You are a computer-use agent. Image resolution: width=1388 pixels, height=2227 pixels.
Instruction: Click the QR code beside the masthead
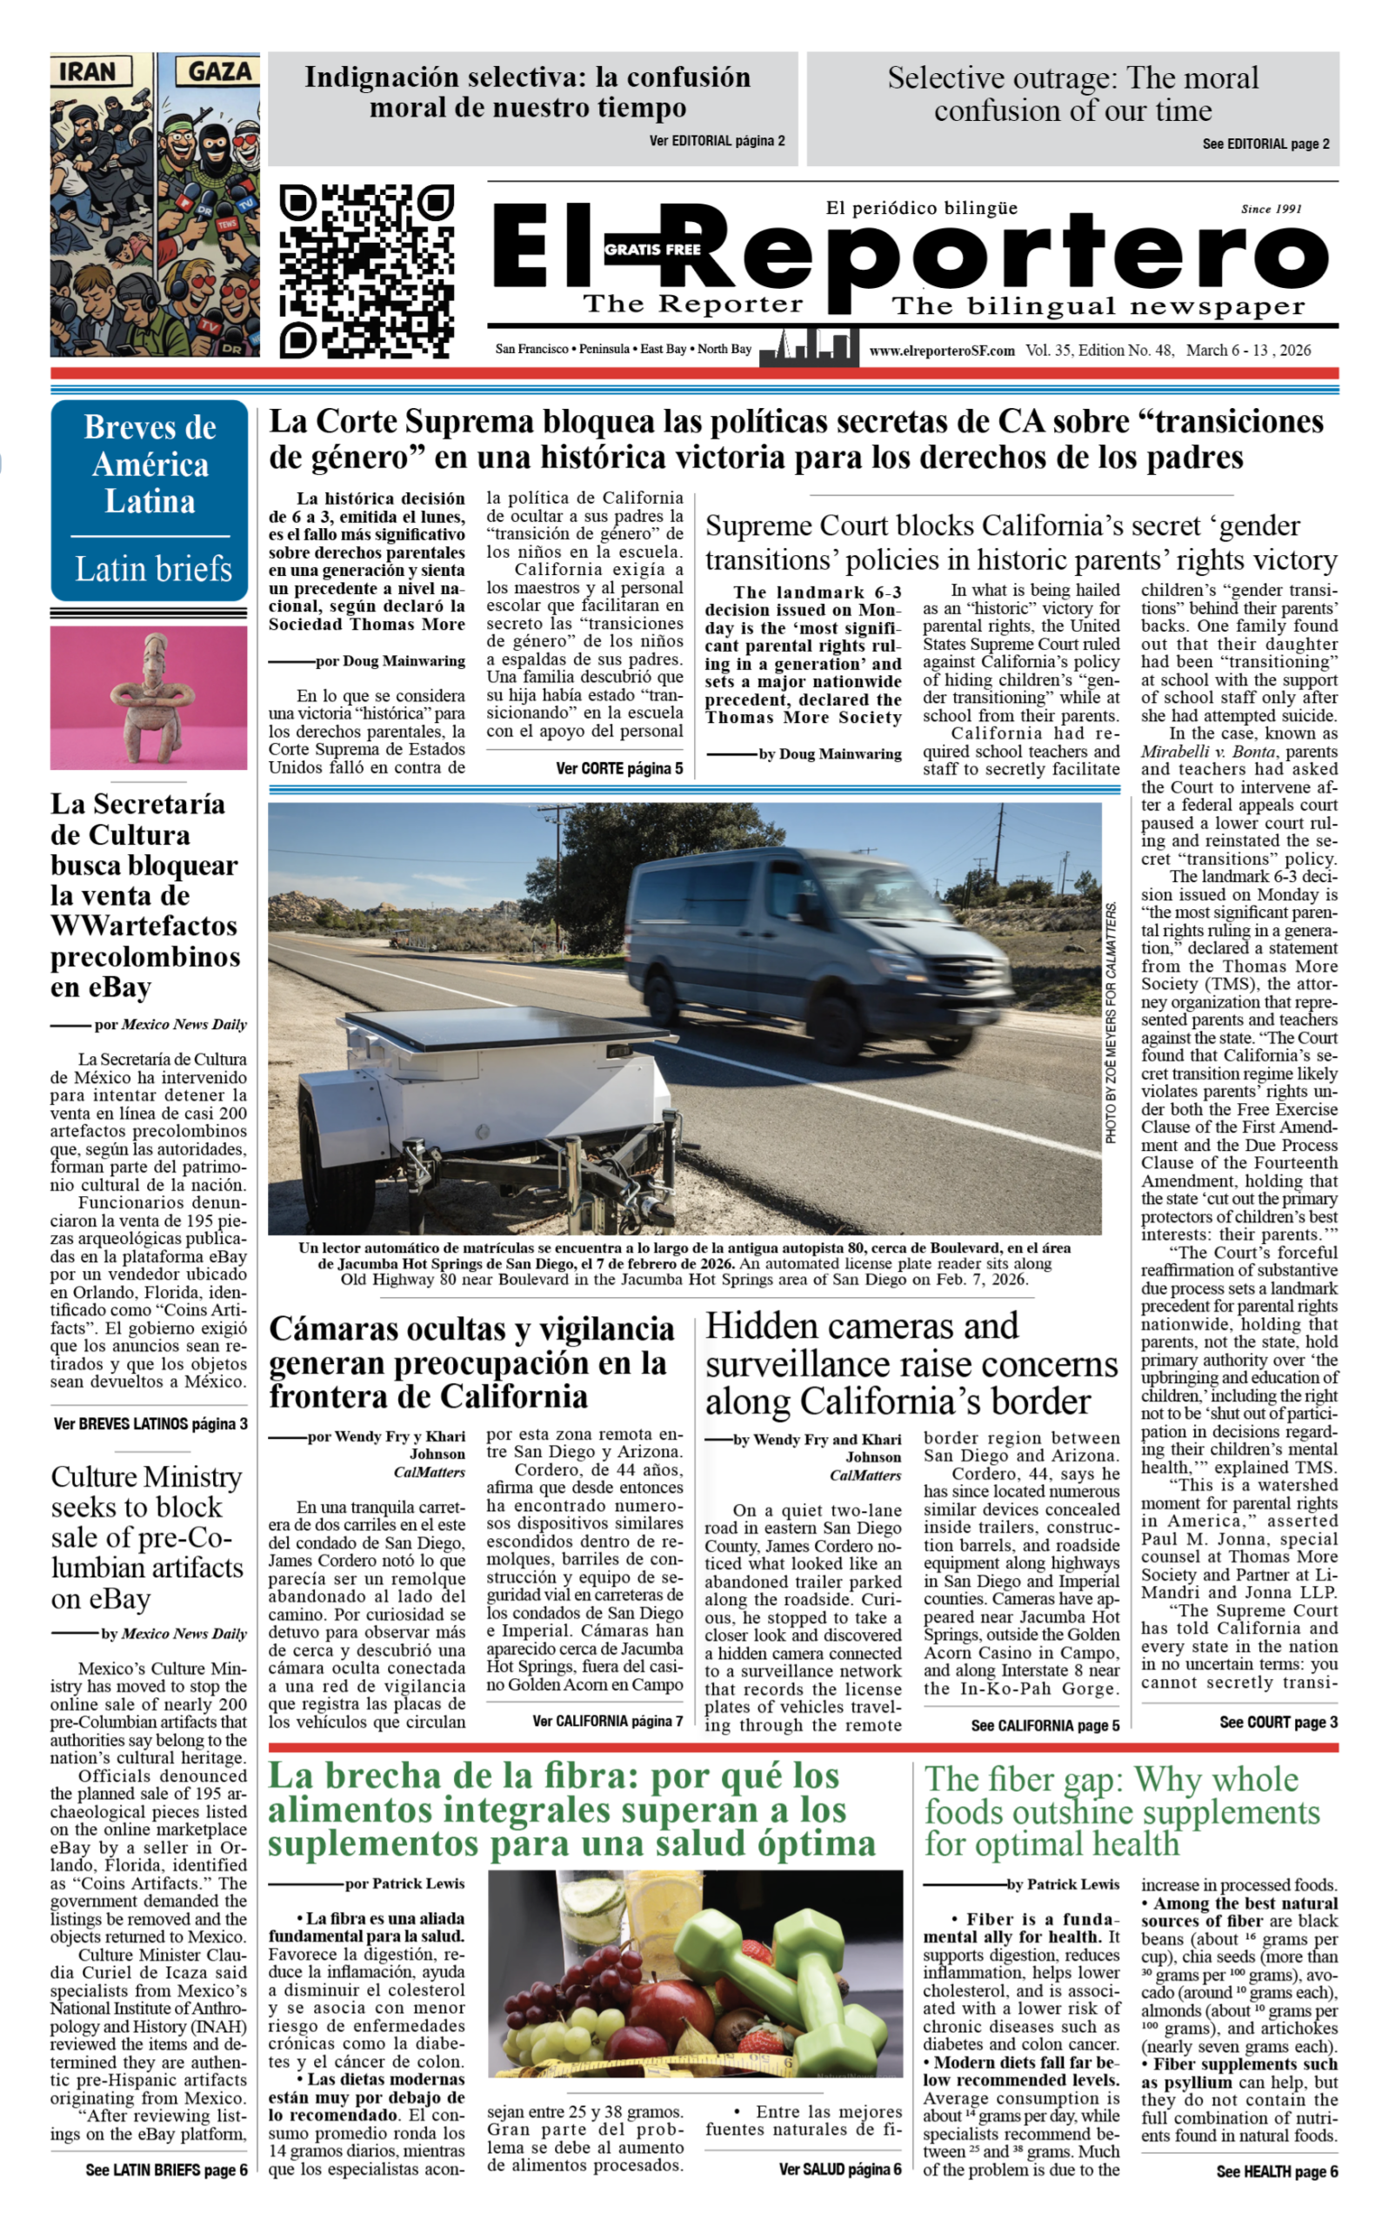pyautogui.click(x=365, y=271)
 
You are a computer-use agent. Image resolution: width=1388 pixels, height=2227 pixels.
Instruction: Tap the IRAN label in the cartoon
pyautogui.click(x=89, y=71)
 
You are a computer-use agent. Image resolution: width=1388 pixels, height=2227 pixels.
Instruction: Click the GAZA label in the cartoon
pyautogui.click(x=218, y=71)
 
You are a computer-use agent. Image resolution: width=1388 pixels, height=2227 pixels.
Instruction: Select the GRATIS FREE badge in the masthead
pyautogui.click(x=651, y=249)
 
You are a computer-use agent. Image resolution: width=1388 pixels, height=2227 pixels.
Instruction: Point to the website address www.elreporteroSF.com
pyautogui.click(x=942, y=350)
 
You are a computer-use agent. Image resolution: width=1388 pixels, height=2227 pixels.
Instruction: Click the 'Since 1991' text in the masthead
pyautogui.click(x=1271, y=210)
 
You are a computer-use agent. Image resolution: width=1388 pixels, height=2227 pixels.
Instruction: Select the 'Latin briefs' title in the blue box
pyautogui.click(x=152, y=568)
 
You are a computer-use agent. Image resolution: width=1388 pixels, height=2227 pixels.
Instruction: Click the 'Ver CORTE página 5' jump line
pyautogui.click(x=618, y=768)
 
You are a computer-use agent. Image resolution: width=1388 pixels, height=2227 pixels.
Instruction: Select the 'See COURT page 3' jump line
pyautogui.click(x=1277, y=1722)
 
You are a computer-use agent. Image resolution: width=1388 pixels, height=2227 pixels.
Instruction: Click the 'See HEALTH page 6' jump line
pyautogui.click(x=1276, y=2171)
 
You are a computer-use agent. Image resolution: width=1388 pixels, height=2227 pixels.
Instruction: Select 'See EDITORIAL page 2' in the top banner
pyautogui.click(x=1265, y=144)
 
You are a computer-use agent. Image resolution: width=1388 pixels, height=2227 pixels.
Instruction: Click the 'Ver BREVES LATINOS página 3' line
pyautogui.click(x=150, y=1424)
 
